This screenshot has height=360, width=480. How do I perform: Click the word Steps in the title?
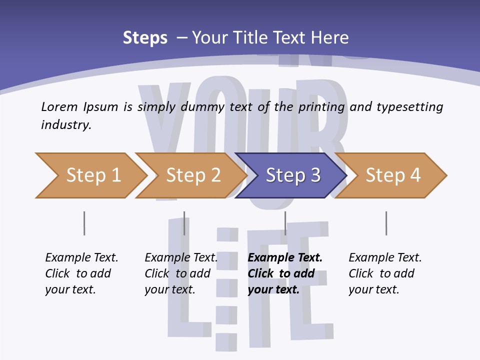[145, 38]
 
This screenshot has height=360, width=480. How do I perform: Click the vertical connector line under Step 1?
[84, 223]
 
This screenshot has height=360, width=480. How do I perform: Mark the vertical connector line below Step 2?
[184, 223]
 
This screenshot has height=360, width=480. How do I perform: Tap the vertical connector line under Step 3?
[285, 223]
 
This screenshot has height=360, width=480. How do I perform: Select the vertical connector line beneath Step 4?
[386, 223]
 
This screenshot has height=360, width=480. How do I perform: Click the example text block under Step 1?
[81, 273]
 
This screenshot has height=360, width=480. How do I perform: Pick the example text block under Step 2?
[181, 273]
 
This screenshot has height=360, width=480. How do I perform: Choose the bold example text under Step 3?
[285, 273]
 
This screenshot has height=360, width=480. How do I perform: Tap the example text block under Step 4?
[385, 273]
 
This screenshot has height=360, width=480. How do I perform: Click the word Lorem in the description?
[59, 106]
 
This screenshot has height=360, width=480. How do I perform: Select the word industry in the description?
[65, 125]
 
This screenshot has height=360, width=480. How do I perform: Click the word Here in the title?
[329, 38]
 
